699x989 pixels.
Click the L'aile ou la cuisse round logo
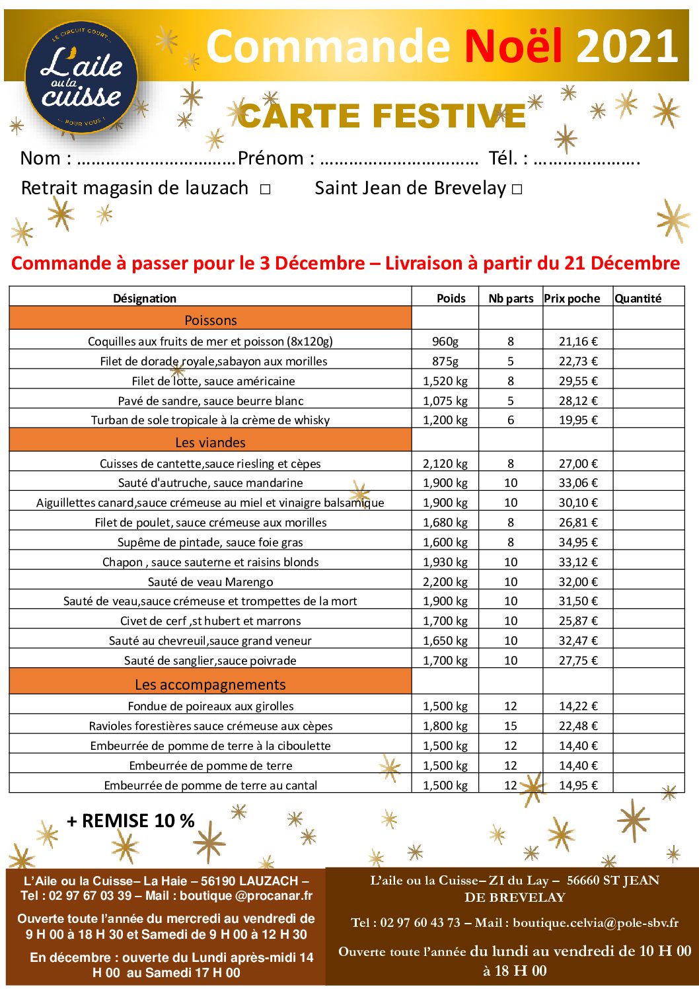[x=81, y=77]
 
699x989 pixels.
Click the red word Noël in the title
[x=513, y=46]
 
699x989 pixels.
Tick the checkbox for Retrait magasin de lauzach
[x=265, y=190]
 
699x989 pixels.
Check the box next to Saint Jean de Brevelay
[x=517, y=190]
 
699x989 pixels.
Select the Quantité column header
[x=638, y=299]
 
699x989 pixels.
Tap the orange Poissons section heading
[x=210, y=320]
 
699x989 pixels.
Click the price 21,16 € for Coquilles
[x=577, y=342]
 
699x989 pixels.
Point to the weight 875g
[x=445, y=361]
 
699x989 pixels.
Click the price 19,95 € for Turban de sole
[x=577, y=420]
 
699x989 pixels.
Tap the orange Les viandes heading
[x=210, y=443]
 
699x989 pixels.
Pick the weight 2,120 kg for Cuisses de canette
[x=445, y=464]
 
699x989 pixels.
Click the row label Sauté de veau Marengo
[x=210, y=582]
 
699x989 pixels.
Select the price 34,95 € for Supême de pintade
[x=577, y=542]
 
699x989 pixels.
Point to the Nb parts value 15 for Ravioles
[x=510, y=726]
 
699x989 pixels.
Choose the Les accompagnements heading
[x=210, y=684]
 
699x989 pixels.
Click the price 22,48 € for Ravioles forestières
[x=577, y=726]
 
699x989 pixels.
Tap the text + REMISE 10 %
[x=131, y=821]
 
